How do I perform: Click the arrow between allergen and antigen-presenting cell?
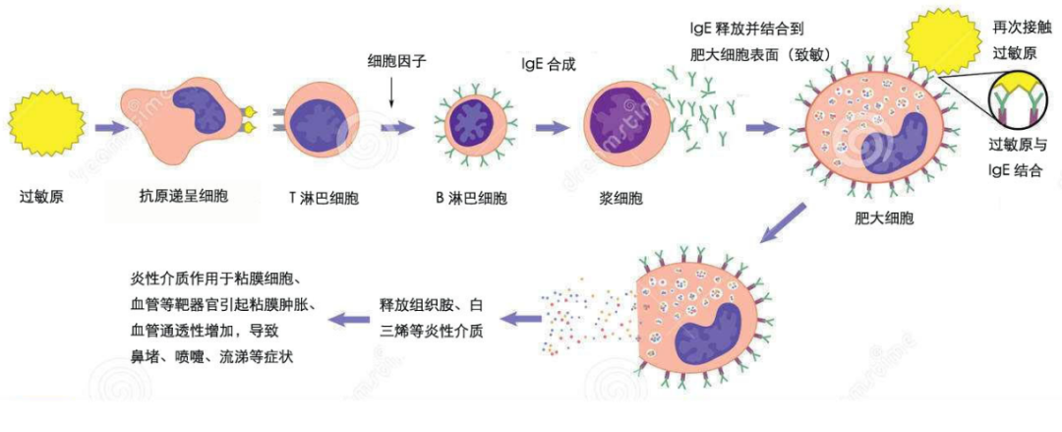pyautogui.click(x=106, y=127)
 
